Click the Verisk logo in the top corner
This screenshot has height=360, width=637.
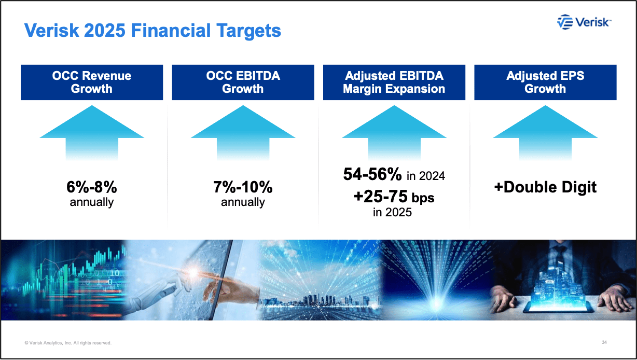pos(584,22)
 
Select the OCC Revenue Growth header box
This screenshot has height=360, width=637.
pos(92,82)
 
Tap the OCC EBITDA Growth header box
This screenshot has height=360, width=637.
pos(243,82)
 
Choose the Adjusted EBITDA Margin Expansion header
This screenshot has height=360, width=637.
pos(394,82)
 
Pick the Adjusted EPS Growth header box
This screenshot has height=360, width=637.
pos(545,82)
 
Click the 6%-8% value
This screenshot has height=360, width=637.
pos(92,187)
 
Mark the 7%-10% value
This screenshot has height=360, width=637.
pos(243,187)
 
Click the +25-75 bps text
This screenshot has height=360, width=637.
pos(394,197)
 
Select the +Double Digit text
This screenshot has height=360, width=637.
pos(545,187)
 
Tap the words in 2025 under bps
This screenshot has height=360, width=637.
pos(392,212)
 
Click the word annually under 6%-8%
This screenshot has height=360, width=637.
pos(92,202)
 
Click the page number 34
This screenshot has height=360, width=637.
pos(604,342)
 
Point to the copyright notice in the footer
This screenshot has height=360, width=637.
pos(68,343)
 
